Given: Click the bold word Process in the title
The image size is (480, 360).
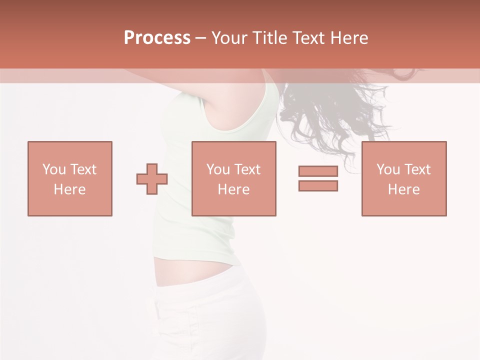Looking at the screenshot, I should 157,38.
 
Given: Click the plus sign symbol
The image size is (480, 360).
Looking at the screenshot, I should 152,179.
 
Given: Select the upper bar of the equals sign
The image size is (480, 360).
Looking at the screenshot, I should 318,171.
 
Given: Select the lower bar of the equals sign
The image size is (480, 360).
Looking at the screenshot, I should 318,185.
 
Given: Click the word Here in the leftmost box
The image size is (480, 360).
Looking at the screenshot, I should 69,189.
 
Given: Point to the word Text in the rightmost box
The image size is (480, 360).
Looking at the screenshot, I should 418,169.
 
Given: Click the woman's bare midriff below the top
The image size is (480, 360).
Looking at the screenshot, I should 190,272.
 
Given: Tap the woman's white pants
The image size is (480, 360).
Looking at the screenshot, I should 210,320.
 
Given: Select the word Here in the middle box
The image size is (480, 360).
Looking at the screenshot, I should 233,189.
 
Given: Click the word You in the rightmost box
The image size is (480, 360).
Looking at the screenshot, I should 388,169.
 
